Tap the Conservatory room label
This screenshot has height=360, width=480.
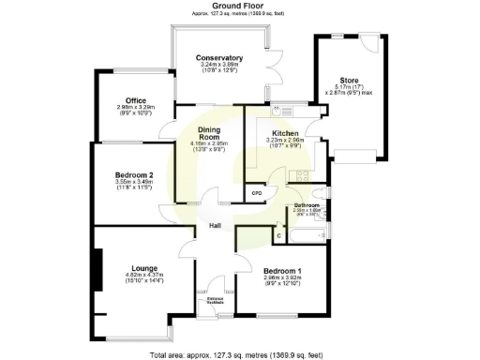[x=219, y=58]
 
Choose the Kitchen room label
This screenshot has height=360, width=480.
[x=284, y=133]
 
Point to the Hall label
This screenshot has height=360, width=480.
[x=215, y=226]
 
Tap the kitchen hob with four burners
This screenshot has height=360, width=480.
[x=303, y=175]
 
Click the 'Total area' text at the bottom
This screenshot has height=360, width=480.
[x=242, y=354]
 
